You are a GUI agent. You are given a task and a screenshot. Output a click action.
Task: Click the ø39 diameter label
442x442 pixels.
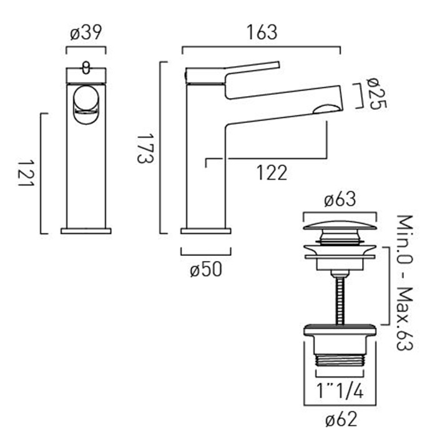(x=86, y=33)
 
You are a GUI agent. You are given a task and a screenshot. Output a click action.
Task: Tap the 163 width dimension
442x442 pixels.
(x=262, y=32)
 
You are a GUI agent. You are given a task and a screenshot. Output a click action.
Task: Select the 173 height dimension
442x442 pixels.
(x=145, y=149)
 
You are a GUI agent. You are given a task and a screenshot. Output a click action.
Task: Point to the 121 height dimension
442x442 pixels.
(x=26, y=173)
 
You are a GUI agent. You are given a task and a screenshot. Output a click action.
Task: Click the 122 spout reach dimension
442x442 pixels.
(x=272, y=173)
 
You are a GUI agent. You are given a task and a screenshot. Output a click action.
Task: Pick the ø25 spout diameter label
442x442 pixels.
(x=377, y=94)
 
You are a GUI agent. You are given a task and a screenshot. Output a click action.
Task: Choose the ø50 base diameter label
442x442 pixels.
(x=206, y=270)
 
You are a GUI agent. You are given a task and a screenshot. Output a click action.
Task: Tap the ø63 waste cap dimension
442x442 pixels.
(x=340, y=200)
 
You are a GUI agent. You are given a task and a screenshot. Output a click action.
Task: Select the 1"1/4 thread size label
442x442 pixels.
(x=340, y=391)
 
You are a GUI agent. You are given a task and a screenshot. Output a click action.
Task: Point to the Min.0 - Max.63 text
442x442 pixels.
(x=405, y=282)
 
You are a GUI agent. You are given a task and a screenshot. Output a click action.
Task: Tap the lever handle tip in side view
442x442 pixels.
(x=278, y=64)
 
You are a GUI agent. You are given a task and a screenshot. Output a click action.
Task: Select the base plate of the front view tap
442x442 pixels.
(x=86, y=231)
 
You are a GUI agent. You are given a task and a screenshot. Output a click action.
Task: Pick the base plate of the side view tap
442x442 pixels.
(x=206, y=231)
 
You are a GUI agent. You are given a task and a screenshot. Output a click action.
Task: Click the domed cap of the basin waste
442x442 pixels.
(x=340, y=225)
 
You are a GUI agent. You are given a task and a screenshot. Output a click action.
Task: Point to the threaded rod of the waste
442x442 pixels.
(x=340, y=300)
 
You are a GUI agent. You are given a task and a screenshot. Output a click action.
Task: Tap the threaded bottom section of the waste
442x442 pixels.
(x=340, y=360)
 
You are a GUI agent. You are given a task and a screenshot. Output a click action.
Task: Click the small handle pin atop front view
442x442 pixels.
(x=86, y=67)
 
